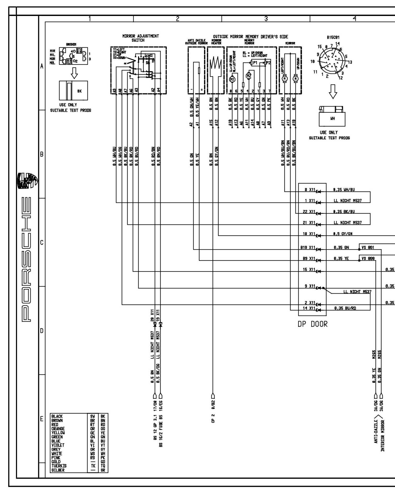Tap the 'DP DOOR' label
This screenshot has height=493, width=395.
312,324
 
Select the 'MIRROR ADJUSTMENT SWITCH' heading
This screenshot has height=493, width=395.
140,38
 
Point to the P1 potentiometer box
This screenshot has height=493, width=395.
254,63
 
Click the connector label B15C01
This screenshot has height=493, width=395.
333,38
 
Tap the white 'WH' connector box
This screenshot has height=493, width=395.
332,119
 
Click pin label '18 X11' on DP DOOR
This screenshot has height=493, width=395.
309,234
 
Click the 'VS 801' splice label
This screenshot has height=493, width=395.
368,247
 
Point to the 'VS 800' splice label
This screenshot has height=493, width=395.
368,258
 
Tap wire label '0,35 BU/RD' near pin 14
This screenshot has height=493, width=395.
345,308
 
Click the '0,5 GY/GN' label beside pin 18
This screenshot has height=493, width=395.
343,234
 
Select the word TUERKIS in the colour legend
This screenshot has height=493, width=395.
59,466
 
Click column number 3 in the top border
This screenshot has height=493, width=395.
266,19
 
